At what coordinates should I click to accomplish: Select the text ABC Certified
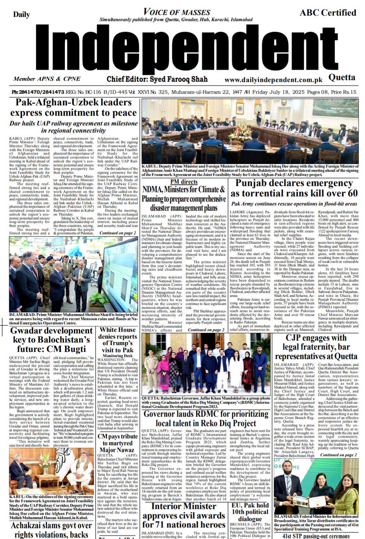[x=327, y=13]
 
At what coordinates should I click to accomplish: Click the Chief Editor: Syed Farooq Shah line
[x=157, y=79]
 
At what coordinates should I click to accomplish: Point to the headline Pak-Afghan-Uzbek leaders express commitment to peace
[x=74, y=107]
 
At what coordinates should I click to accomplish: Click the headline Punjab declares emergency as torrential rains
[x=294, y=188]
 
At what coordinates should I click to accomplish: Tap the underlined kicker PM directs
[x=184, y=182]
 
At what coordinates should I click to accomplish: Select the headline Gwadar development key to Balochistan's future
[x=51, y=340]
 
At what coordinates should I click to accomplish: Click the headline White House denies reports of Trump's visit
[x=118, y=340]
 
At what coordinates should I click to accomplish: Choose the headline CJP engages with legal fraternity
[x=316, y=347]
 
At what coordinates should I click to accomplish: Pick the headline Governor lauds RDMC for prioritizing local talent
[x=206, y=418]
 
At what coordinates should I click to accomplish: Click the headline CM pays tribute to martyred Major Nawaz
[x=118, y=443]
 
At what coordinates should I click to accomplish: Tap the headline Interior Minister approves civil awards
[x=184, y=515]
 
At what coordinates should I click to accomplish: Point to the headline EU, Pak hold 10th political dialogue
[x=250, y=512]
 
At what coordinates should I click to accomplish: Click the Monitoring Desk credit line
[x=118, y=355]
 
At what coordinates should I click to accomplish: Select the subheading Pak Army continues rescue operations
[x=294, y=204]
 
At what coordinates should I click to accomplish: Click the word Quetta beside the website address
[x=342, y=77]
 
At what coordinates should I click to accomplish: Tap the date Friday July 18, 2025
[x=278, y=92]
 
